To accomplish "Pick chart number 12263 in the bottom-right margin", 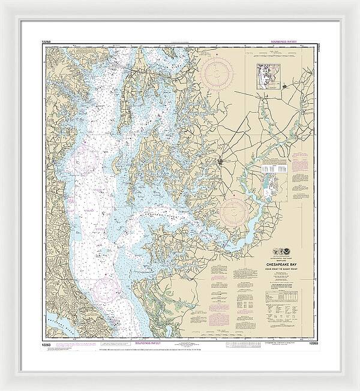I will pyautogui.click(x=312, y=344).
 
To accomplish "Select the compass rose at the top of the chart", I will pyautogui.click(x=216, y=74).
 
